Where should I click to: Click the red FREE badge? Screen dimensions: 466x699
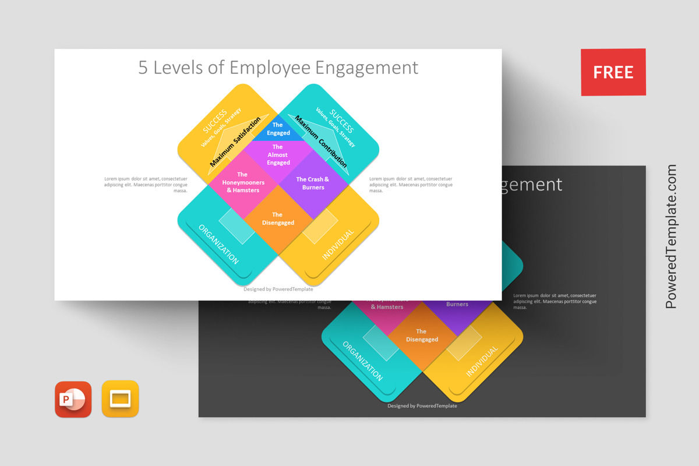(x=613, y=72)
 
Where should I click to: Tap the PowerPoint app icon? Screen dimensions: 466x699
(x=73, y=399)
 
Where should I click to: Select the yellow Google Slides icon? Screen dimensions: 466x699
(x=120, y=399)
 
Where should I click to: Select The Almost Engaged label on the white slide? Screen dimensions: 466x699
(x=278, y=155)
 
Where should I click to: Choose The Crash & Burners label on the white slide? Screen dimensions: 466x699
(x=313, y=183)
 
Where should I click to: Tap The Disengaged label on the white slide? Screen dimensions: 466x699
(x=278, y=218)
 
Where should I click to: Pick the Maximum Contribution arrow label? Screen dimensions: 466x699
(x=321, y=142)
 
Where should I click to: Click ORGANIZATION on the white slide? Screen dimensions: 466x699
(x=218, y=245)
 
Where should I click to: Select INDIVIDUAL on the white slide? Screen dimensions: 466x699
(x=338, y=245)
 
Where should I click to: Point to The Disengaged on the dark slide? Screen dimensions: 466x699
(x=422, y=336)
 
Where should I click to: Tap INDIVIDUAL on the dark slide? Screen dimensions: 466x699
(x=482, y=361)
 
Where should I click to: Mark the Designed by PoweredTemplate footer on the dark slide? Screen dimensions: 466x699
(x=422, y=406)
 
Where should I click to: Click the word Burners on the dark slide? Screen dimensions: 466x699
(x=457, y=304)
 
